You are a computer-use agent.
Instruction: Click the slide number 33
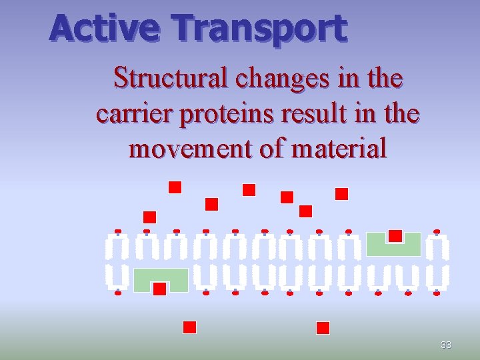pos(446,345)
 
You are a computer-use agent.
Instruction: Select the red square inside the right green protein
pos(395,235)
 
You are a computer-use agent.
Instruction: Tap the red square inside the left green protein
pos(159,288)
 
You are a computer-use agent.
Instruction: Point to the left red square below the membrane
pos(189,327)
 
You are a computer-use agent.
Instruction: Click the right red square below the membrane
pos(323,327)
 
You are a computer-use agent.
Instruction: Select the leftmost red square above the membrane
pos(149,217)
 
